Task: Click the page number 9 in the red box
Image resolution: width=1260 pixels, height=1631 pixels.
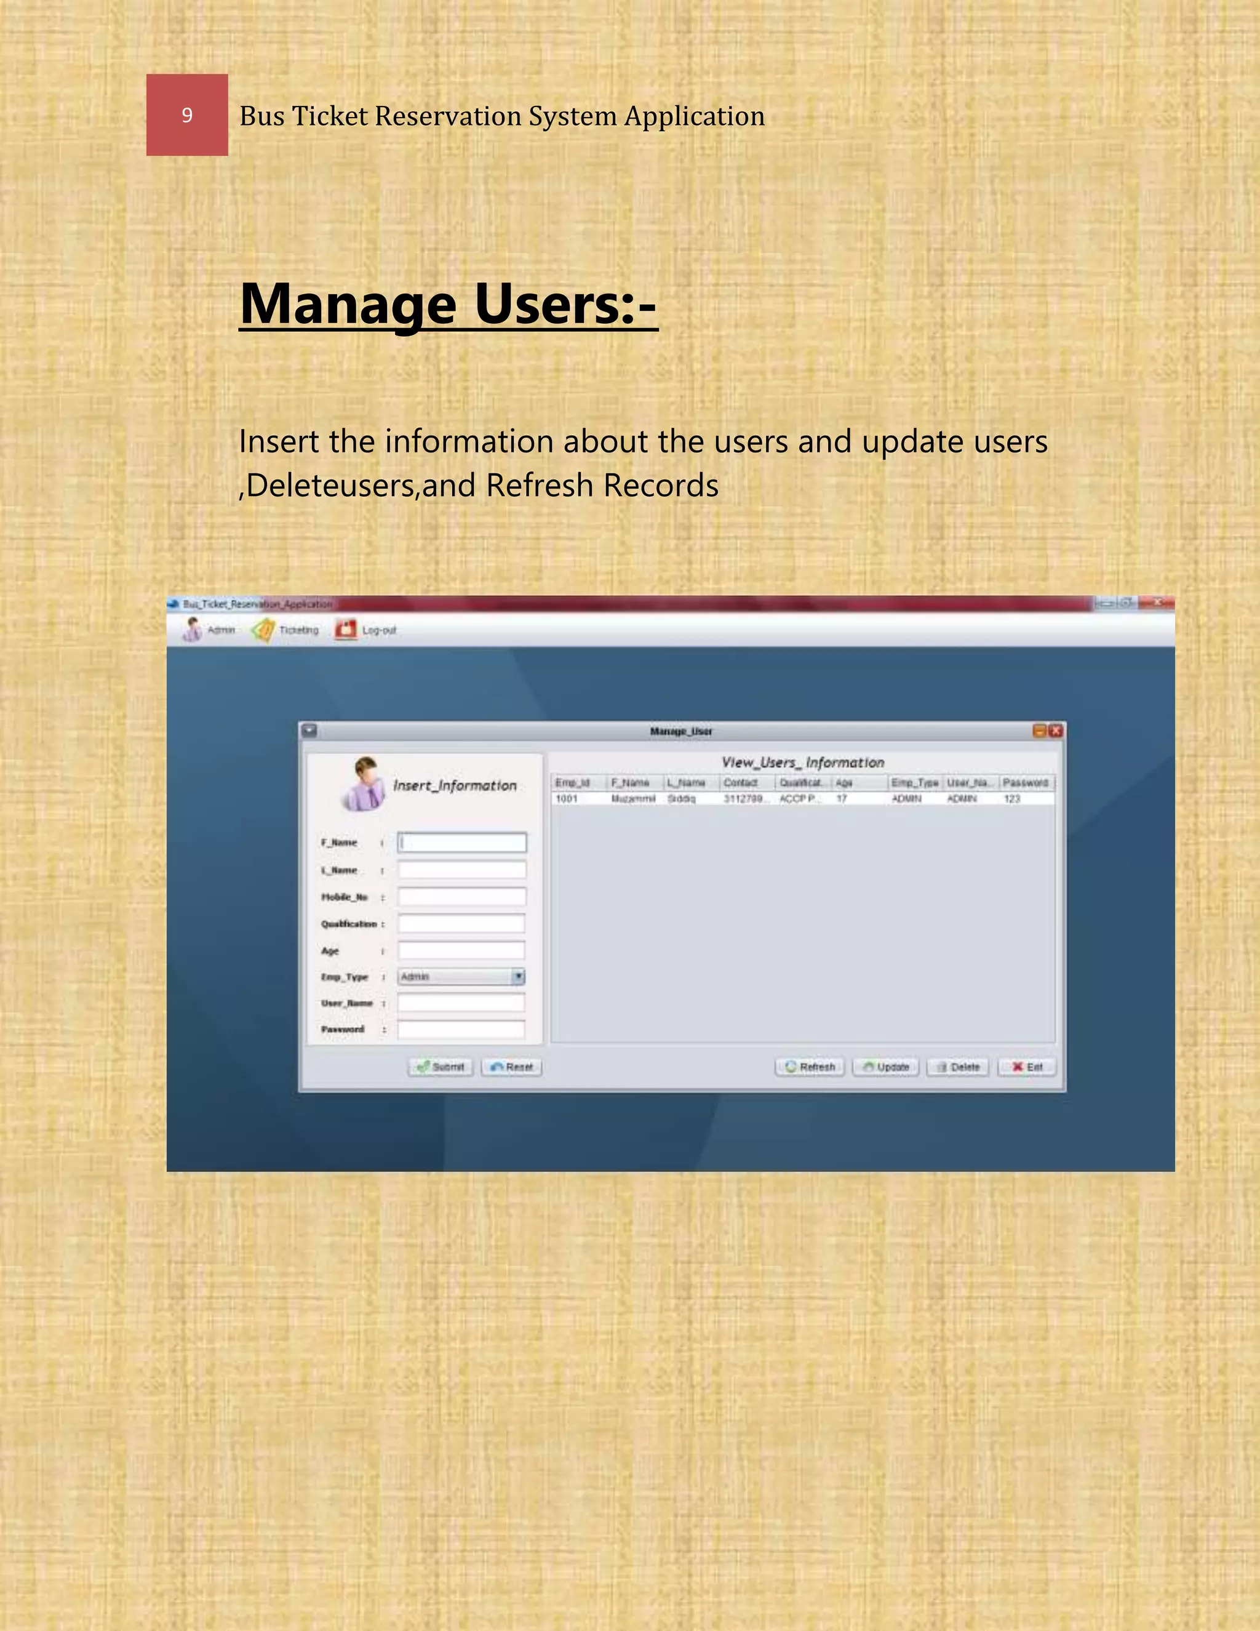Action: (x=186, y=115)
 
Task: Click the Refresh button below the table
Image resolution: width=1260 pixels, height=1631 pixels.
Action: (x=810, y=1067)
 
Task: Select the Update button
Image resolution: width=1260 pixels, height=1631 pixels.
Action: (x=886, y=1067)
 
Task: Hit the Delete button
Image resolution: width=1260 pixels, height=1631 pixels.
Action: (x=958, y=1067)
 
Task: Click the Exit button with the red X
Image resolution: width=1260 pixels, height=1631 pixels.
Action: (x=1027, y=1067)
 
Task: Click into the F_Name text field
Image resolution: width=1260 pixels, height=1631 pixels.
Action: (x=461, y=843)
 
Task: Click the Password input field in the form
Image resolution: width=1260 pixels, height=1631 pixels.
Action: (x=461, y=1030)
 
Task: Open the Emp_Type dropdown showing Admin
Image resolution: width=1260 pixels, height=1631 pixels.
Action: (x=461, y=976)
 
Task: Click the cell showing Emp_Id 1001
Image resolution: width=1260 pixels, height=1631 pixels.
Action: (x=567, y=798)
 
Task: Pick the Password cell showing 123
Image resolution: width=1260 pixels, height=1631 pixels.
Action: (x=1011, y=798)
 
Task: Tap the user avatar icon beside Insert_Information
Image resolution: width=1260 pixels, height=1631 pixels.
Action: (x=364, y=784)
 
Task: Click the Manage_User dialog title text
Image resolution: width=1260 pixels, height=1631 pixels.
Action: (x=681, y=731)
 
